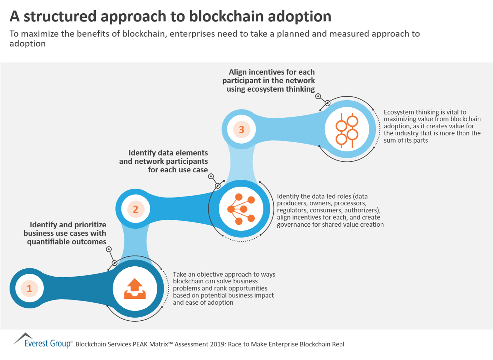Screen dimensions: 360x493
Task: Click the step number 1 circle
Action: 29,289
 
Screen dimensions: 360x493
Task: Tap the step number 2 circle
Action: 136,209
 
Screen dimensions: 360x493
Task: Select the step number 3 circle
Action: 242,130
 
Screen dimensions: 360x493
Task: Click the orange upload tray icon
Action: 135,289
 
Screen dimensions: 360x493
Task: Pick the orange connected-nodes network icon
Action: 241,209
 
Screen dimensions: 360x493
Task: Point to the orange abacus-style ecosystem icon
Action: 347,130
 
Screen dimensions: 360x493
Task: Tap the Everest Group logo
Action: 43,341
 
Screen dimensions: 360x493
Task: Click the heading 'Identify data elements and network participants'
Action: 164,161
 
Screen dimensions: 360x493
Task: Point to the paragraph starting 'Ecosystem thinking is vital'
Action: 432,126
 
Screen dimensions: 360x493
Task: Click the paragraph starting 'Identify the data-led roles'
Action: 330,210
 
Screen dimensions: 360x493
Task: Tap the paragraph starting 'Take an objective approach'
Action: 224,288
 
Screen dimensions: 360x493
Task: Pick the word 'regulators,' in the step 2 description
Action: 292,210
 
